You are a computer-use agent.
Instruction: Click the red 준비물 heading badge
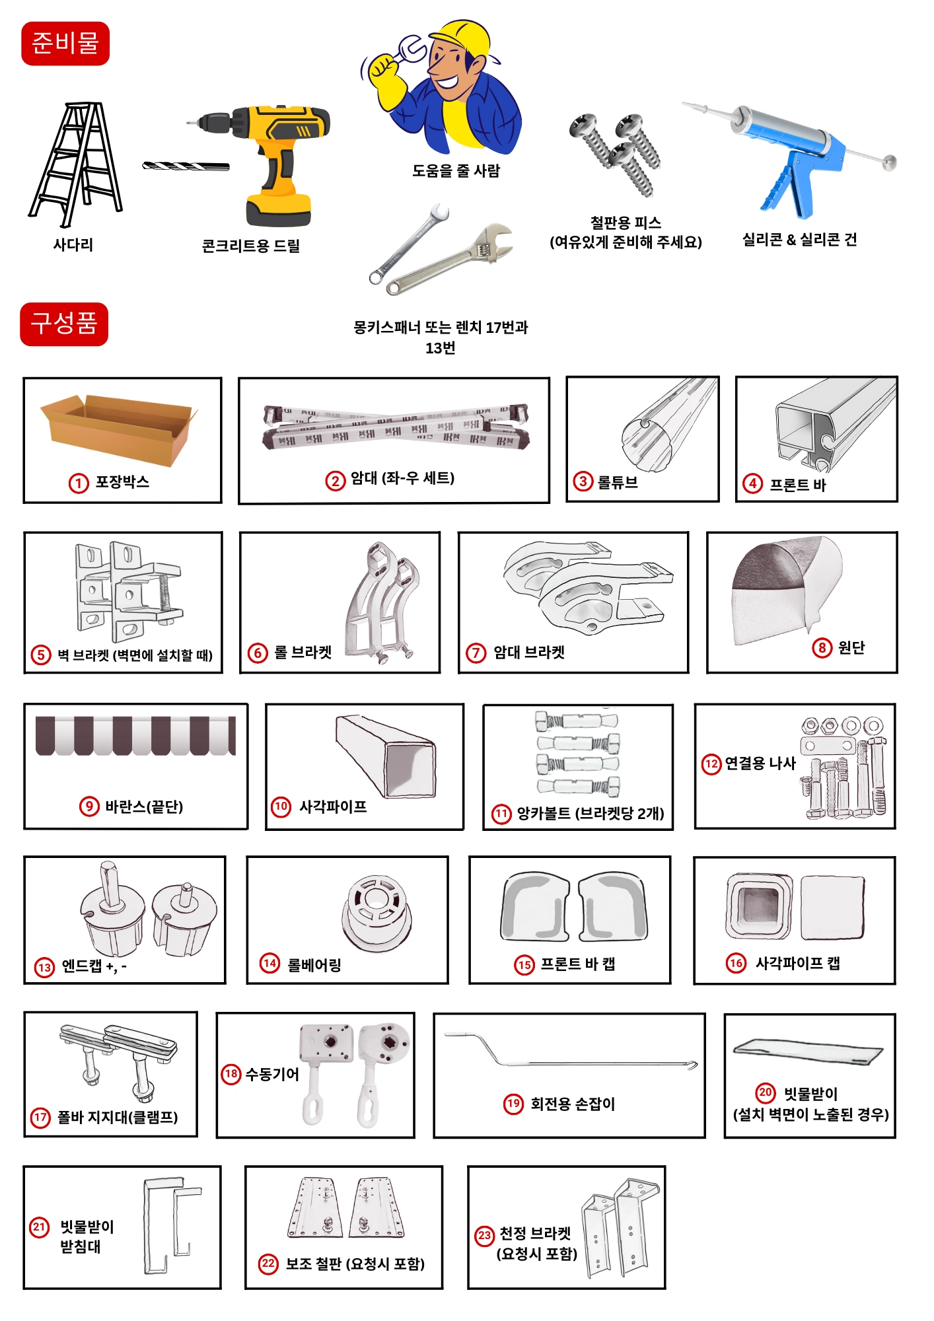[x=65, y=44]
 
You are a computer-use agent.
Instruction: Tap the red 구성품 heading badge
[x=64, y=324]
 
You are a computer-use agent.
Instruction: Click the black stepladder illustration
[x=75, y=164]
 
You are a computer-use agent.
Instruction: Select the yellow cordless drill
[x=264, y=162]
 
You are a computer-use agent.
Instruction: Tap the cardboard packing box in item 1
[x=119, y=429]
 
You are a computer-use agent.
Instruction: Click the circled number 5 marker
[x=41, y=655]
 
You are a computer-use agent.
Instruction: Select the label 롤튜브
[x=618, y=482]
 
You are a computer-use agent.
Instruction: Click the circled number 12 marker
[x=711, y=764]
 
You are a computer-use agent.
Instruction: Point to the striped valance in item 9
[x=135, y=735]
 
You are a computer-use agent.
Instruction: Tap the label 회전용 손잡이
[x=573, y=1104]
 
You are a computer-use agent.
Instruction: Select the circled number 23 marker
[x=484, y=1235]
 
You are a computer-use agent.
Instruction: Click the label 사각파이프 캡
[x=798, y=963]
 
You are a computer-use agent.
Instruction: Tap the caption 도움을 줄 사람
[x=456, y=170]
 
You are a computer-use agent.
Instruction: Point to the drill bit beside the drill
[x=186, y=166]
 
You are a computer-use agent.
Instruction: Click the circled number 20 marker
[x=766, y=1092]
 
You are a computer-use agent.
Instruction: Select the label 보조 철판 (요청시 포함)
[x=355, y=1264]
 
